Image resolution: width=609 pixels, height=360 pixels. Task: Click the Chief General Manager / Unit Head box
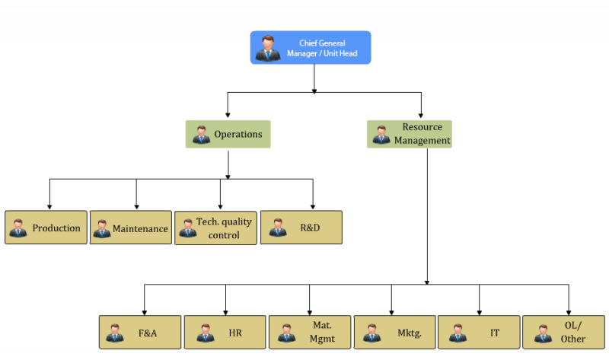click(x=311, y=47)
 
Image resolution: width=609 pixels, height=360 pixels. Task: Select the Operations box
click(x=228, y=134)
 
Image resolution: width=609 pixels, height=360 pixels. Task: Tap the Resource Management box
click(x=409, y=134)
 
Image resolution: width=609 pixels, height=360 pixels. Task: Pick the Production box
click(x=46, y=228)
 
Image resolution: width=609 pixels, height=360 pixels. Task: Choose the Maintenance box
click(x=131, y=228)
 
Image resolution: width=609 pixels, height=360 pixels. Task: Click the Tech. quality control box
click(x=215, y=228)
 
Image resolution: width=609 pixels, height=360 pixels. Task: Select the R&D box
click(x=301, y=228)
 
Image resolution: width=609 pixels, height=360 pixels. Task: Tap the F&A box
click(x=140, y=333)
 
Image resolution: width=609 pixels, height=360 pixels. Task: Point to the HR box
click(x=225, y=333)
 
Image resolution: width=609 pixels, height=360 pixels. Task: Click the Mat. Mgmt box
click(x=309, y=333)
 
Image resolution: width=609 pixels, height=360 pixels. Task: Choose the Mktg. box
click(x=394, y=333)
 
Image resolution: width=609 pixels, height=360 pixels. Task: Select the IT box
click(x=479, y=333)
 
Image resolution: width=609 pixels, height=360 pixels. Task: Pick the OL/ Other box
click(x=564, y=333)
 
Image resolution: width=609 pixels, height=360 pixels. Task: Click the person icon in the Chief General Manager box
click(x=268, y=48)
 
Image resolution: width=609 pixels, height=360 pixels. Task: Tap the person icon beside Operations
click(x=201, y=135)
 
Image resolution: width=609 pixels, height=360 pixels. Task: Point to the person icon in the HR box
click(x=206, y=333)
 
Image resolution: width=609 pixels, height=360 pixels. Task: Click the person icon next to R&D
click(x=278, y=228)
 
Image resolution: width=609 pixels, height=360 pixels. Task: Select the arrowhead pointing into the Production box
click(x=49, y=206)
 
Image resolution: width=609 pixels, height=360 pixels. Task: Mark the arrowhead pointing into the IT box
click(x=480, y=311)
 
